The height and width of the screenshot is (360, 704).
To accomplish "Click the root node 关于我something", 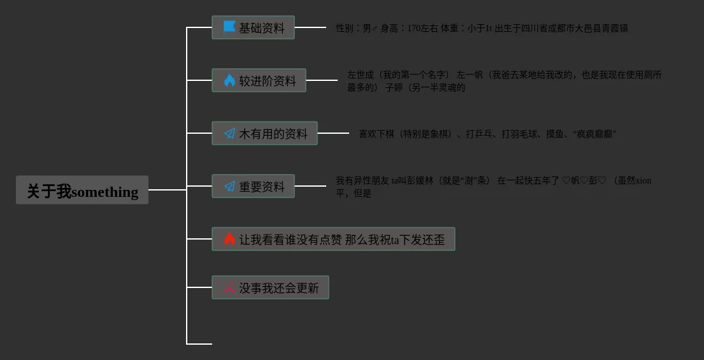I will pyautogui.click(x=82, y=191).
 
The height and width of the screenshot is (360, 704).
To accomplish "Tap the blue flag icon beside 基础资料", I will pyautogui.click(x=229, y=27).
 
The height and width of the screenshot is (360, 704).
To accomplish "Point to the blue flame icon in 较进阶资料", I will pyautogui.click(x=229, y=80).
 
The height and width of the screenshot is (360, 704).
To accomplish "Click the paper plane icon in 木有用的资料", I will pyautogui.click(x=229, y=134).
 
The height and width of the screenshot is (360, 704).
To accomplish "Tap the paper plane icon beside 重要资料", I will pyautogui.click(x=229, y=187).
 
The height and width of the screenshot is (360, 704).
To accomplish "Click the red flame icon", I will pyautogui.click(x=229, y=240).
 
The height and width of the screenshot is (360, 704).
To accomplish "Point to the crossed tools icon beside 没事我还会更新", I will pyautogui.click(x=229, y=288).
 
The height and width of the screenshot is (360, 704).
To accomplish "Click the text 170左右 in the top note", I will pyautogui.click(x=422, y=28).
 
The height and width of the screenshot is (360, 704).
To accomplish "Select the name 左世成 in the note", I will pyautogui.click(x=360, y=75).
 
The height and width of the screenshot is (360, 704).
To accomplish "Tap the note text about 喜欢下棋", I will pyautogui.click(x=487, y=134).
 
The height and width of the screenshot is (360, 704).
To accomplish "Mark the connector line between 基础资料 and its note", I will pyautogui.click(x=310, y=28).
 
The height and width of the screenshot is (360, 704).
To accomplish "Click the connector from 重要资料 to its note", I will pyautogui.click(x=310, y=186).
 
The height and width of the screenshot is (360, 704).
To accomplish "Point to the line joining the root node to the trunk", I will pyautogui.click(x=167, y=190).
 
